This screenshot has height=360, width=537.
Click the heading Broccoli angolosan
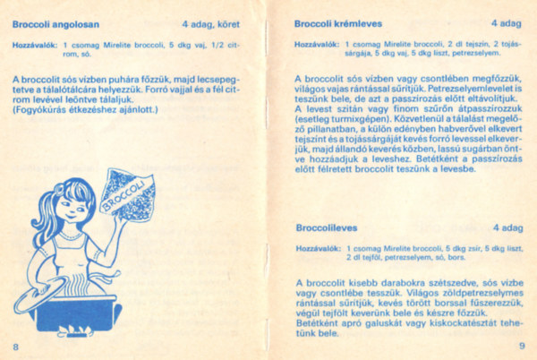coord(55,23)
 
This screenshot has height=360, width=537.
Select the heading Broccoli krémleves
coord(337,23)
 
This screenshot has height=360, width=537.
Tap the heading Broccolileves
coord(326,227)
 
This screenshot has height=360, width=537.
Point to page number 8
coord(15,346)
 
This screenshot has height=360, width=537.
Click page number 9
coord(521,346)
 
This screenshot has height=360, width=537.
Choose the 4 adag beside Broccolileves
coord(507,227)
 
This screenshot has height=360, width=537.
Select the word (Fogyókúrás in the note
coord(39,111)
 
